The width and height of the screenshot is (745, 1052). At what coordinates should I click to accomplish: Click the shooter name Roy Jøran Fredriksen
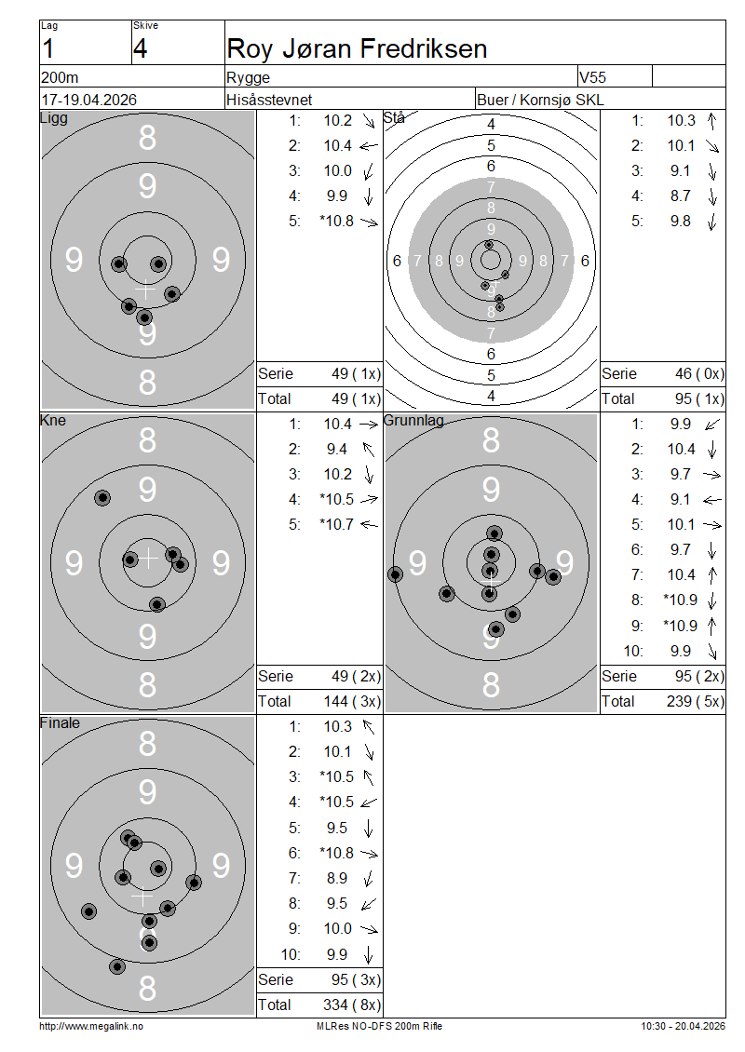(x=357, y=49)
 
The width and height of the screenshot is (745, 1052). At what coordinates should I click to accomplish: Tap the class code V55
(x=592, y=77)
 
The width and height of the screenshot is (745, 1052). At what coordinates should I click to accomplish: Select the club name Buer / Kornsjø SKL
(x=540, y=100)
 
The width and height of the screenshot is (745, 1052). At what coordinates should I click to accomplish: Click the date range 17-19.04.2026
(x=88, y=100)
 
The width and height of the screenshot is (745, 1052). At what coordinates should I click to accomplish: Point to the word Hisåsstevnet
(x=269, y=100)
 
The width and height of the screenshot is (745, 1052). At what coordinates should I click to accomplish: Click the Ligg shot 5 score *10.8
(x=336, y=222)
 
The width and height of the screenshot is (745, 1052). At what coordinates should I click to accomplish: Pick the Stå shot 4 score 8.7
(x=680, y=196)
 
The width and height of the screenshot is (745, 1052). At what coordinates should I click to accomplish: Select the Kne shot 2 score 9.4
(x=337, y=450)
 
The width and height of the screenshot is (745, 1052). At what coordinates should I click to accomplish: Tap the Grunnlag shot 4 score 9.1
(x=680, y=500)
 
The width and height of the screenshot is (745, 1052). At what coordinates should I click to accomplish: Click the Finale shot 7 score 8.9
(x=337, y=878)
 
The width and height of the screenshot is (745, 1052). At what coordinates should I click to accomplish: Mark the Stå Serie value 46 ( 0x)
(x=699, y=373)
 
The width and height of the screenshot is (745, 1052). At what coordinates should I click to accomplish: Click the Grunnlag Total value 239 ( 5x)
(x=696, y=702)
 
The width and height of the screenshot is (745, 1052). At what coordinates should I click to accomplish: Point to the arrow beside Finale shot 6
(x=369, y=854)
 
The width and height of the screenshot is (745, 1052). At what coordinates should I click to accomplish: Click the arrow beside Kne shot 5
(x=369, y=525)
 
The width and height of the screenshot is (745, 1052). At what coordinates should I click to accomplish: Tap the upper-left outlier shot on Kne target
(x=102, y=498)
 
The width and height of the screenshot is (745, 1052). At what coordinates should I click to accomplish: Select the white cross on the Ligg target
(x=145, y=290)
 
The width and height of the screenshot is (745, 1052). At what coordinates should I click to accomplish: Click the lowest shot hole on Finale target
(x=117, y=966)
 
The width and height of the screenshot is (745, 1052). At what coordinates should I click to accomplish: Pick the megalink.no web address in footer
(x=91, y=1027)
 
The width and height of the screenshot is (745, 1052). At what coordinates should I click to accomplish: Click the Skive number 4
(x=141, y=49)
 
